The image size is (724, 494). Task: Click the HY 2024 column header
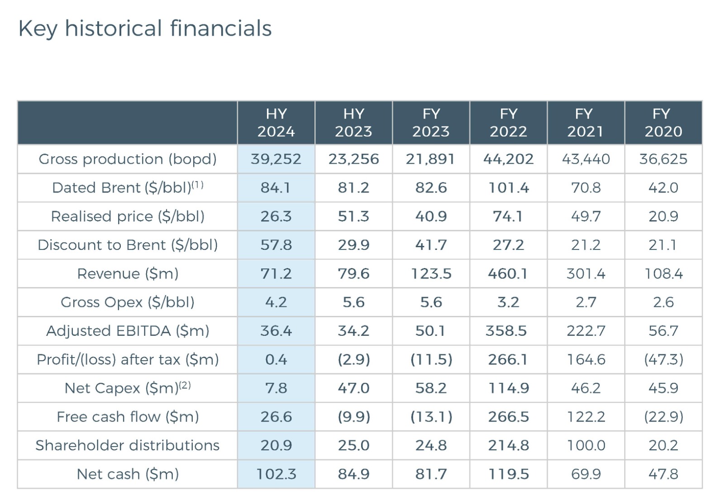[x=276, y=122]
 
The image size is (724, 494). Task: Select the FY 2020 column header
[x=663, y=122]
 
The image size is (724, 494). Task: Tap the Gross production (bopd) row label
[x=128, y=159]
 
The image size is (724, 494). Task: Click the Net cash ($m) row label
[x=128, y=474]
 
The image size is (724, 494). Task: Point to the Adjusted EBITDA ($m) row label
[x=128, y=331]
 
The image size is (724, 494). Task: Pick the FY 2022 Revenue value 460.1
[x=508, y=273]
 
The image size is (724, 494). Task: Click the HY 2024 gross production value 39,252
[x=276, y=159]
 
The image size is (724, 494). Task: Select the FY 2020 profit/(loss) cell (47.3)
[x=663, y=359]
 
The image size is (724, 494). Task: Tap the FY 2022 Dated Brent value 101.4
[x=508, y=188]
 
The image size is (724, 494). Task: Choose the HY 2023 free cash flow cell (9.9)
[x=354, y=417]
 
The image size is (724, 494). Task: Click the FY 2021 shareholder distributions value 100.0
[x=586, y=445]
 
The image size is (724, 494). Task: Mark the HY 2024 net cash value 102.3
[x=276, y=474]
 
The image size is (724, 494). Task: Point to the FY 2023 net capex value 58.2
[x=431, y=388]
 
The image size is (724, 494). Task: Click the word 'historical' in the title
[x=113, y=28]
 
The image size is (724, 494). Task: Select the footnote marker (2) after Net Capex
[x=185, y=385]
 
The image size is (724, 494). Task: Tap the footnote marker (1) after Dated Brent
[x=198, y=184]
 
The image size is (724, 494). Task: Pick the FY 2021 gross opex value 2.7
[x=586, y=302]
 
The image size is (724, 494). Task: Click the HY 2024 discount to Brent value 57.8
[x=276, y=245]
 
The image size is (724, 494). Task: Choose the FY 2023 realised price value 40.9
[x=431, y=216]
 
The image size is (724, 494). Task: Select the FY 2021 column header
[x=586, y=122]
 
